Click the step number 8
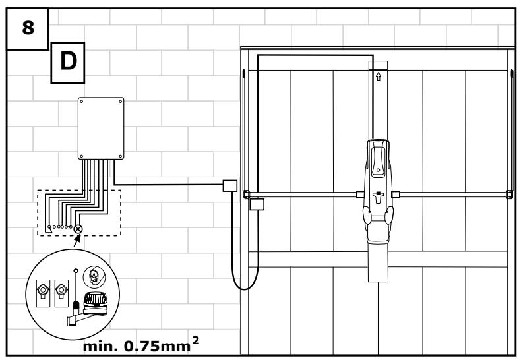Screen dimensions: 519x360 coord(28,28)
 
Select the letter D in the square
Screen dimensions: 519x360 coord(68,61)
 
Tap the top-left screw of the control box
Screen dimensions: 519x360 coord(82,102)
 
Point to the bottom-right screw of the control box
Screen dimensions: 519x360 coord(120,156)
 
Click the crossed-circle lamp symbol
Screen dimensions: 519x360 coord(78,229)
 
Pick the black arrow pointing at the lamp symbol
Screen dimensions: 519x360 coord(76,241)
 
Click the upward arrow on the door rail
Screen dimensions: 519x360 coord(379,76)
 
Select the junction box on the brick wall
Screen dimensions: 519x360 coord(230,186)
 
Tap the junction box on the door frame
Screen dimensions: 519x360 coord(257,204)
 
